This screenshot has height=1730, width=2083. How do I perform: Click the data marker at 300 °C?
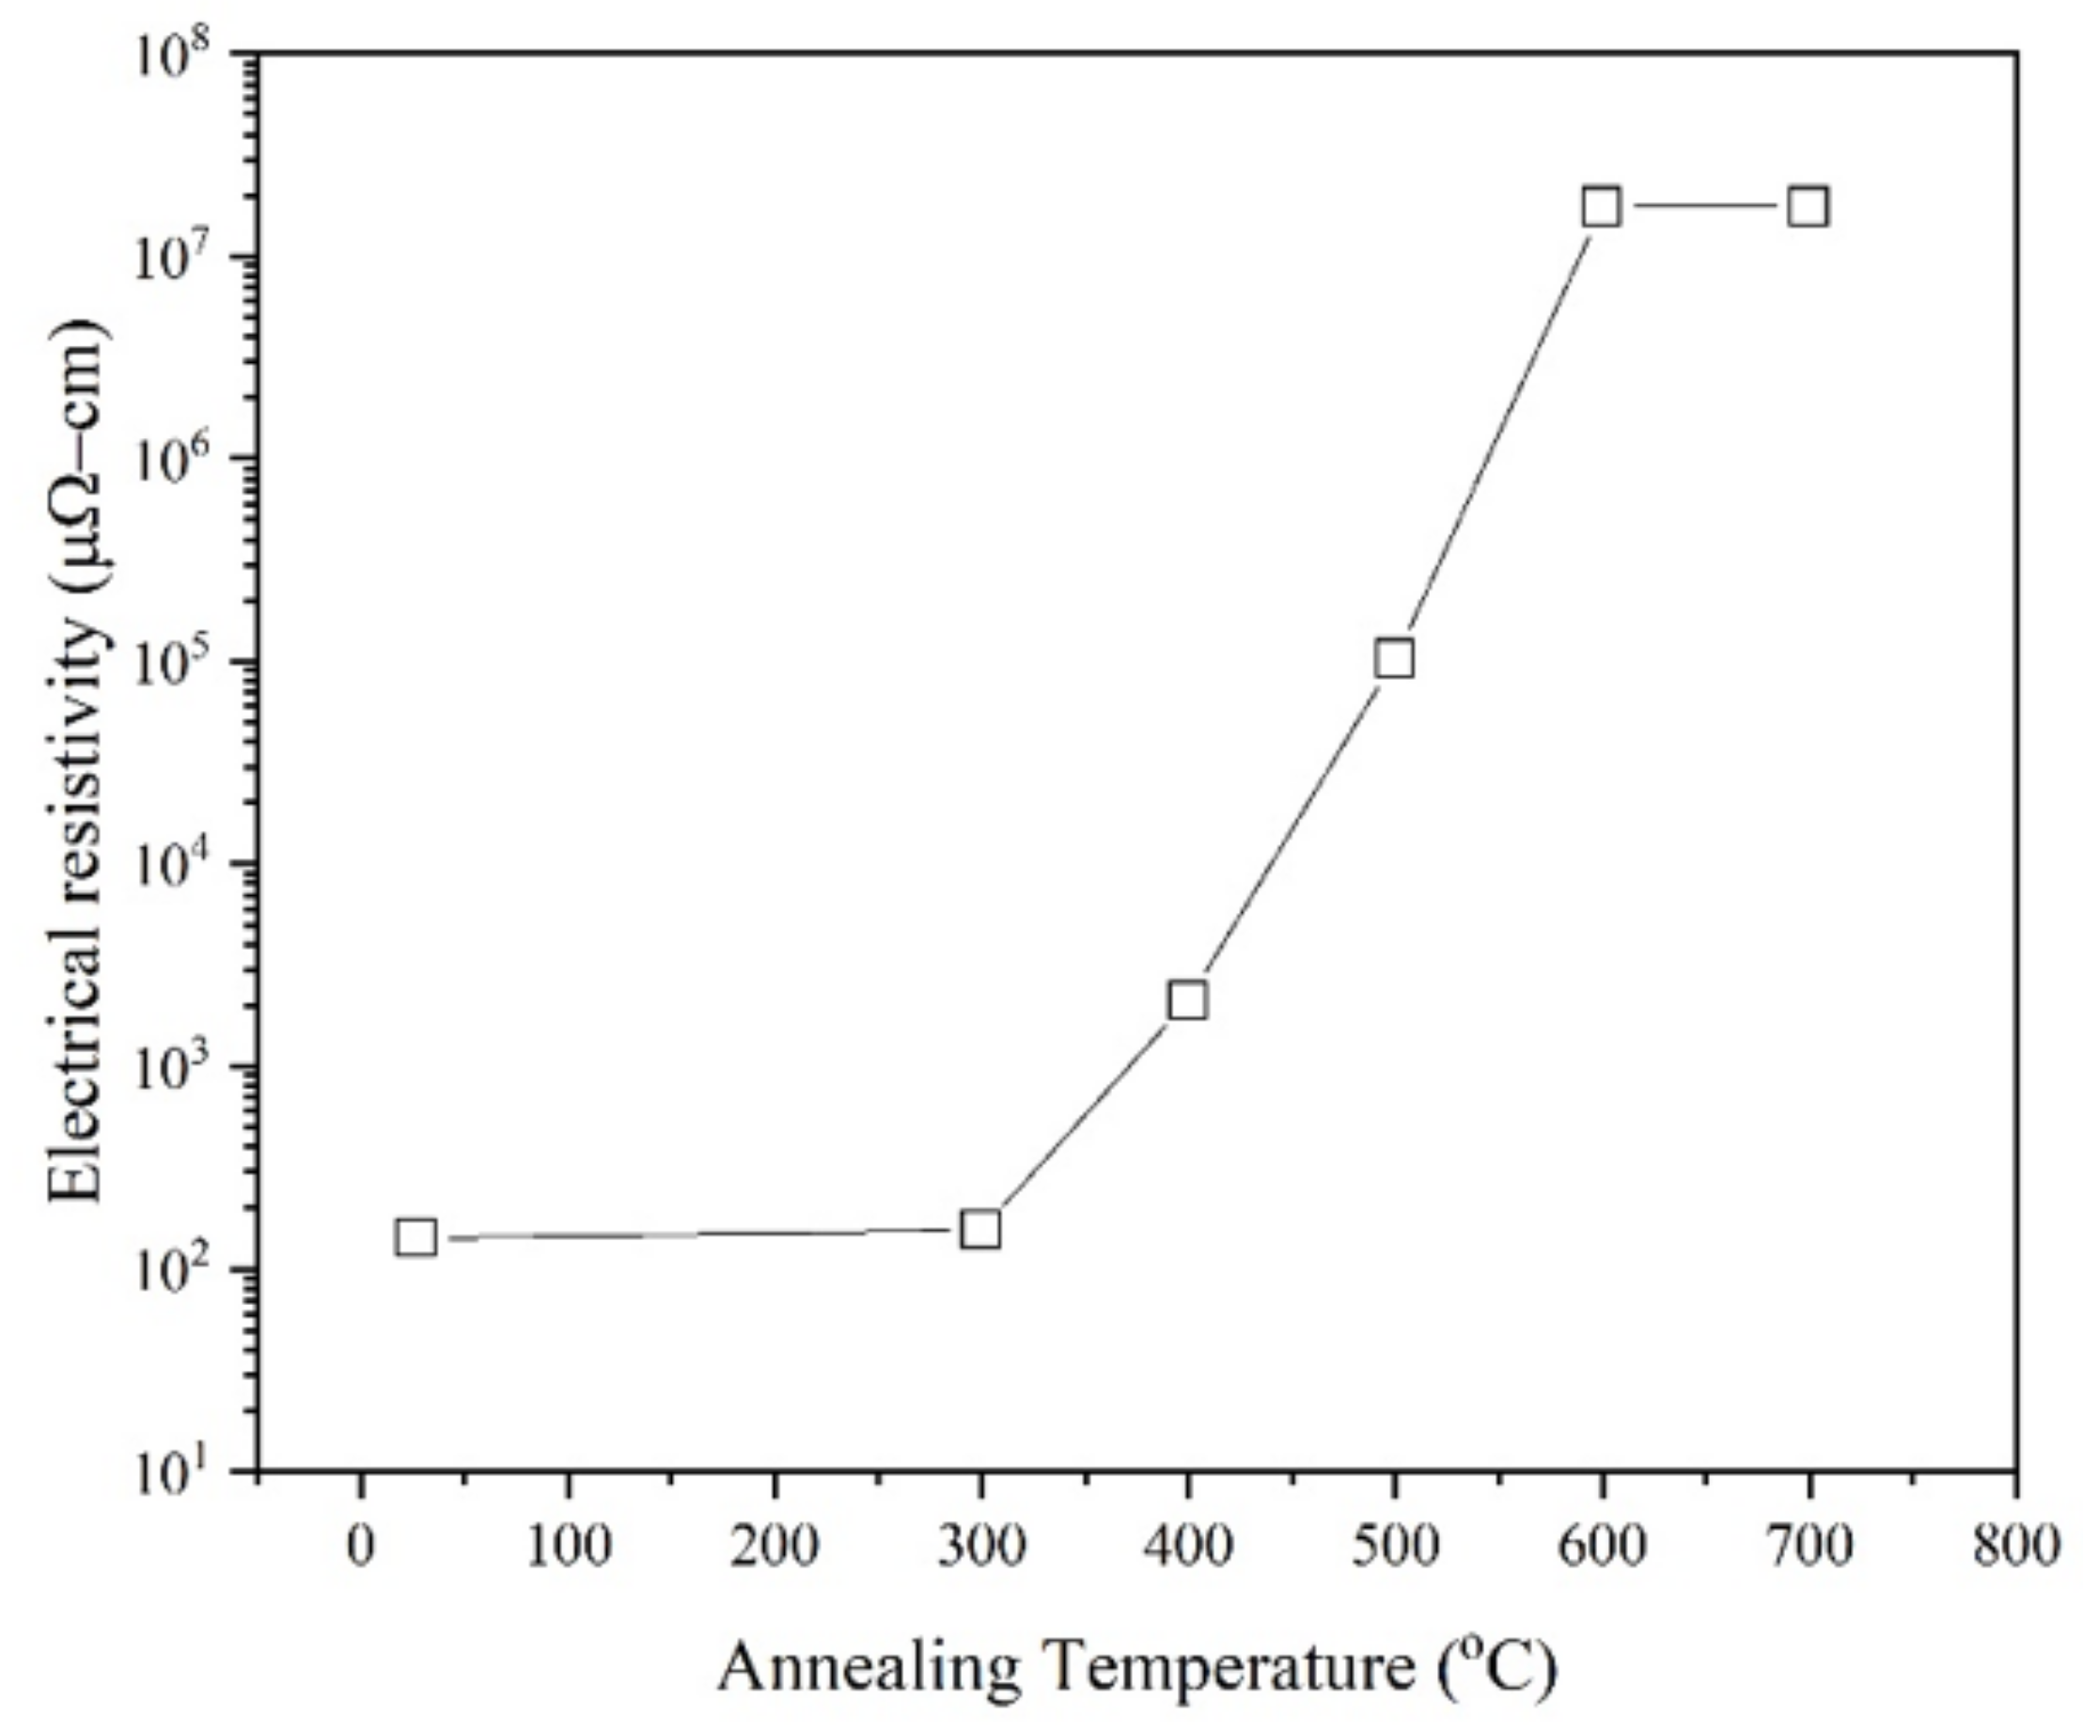click(x=980, y=1230)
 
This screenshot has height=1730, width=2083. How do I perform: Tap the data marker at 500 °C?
click(x=1395, y=659)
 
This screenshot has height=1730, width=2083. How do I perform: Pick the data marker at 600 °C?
click(x=1601, y=208)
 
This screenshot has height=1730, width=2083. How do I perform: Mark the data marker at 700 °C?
click(x=1809, y=208)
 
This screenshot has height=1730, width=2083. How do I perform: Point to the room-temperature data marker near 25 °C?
click(x=415, y=1237)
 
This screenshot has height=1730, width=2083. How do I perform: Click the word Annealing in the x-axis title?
click(x=869, y=1669)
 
